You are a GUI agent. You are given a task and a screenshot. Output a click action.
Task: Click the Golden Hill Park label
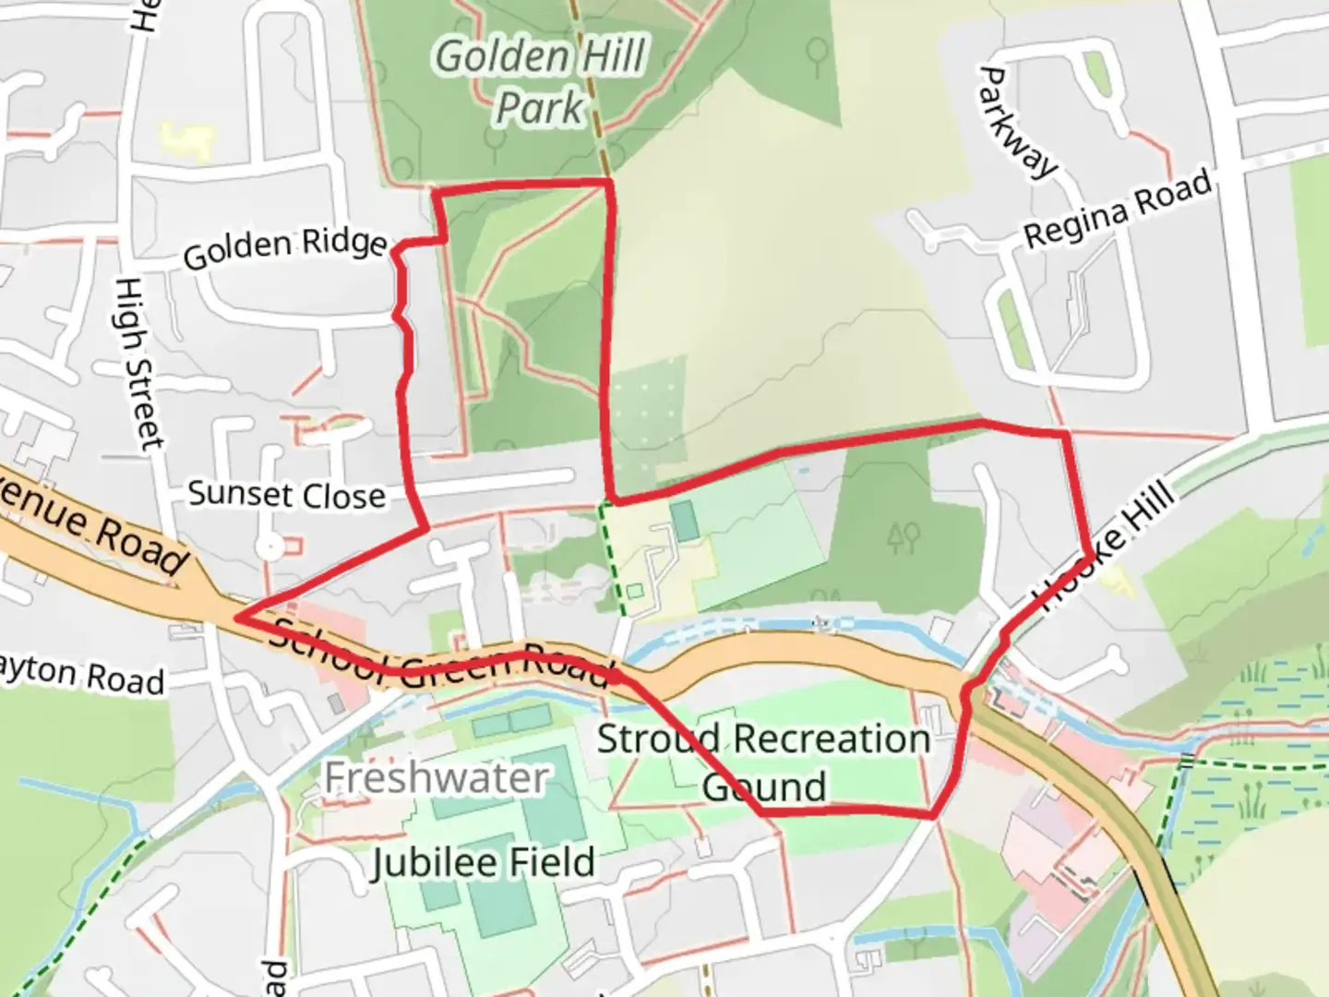point(540,81)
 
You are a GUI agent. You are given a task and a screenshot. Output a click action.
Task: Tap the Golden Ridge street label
point(285,247)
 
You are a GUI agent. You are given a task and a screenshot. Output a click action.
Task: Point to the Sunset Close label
point(287,495)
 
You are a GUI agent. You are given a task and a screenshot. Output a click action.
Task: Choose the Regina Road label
point(1118,210)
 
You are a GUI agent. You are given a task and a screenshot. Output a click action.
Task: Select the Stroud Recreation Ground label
point(763,762)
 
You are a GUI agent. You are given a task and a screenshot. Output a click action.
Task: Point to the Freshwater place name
point(437,778)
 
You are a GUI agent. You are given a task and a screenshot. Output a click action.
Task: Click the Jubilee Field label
point(483,862)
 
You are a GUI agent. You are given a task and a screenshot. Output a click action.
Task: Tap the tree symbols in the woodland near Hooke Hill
point(903,535)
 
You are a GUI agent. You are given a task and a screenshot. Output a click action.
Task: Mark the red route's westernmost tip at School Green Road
point(237,618)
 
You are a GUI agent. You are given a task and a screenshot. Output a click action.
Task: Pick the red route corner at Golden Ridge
point(399,246)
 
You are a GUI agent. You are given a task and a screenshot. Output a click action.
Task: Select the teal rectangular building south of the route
point(685,522)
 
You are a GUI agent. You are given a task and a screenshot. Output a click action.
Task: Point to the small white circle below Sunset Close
point(269,547)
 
